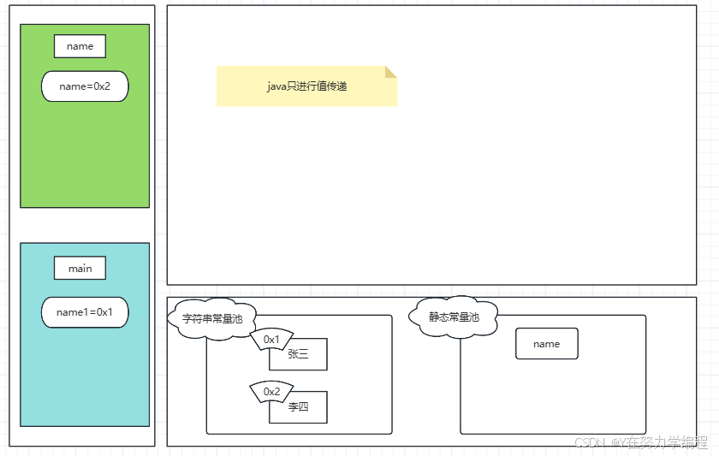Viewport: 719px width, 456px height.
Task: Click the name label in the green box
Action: point(80,46)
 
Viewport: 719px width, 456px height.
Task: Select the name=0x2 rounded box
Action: point(85,86)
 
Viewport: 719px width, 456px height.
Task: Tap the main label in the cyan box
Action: point(80,268)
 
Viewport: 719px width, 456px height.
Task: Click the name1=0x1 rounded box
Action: point(85,312)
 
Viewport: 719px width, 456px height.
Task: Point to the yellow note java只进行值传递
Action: point(306,86)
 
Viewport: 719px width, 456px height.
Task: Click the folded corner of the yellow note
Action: point(391,72)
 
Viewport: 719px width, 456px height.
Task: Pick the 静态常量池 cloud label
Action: point(454,317)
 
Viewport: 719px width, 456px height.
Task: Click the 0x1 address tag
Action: point(271,340)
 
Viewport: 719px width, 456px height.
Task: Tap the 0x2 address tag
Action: point(271,392)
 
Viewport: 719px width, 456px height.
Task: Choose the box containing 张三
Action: point(298,355)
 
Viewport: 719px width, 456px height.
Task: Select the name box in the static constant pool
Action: point(546,344)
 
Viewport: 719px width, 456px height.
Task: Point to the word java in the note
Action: point(277,86)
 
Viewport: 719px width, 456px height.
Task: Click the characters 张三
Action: point(298,355)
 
